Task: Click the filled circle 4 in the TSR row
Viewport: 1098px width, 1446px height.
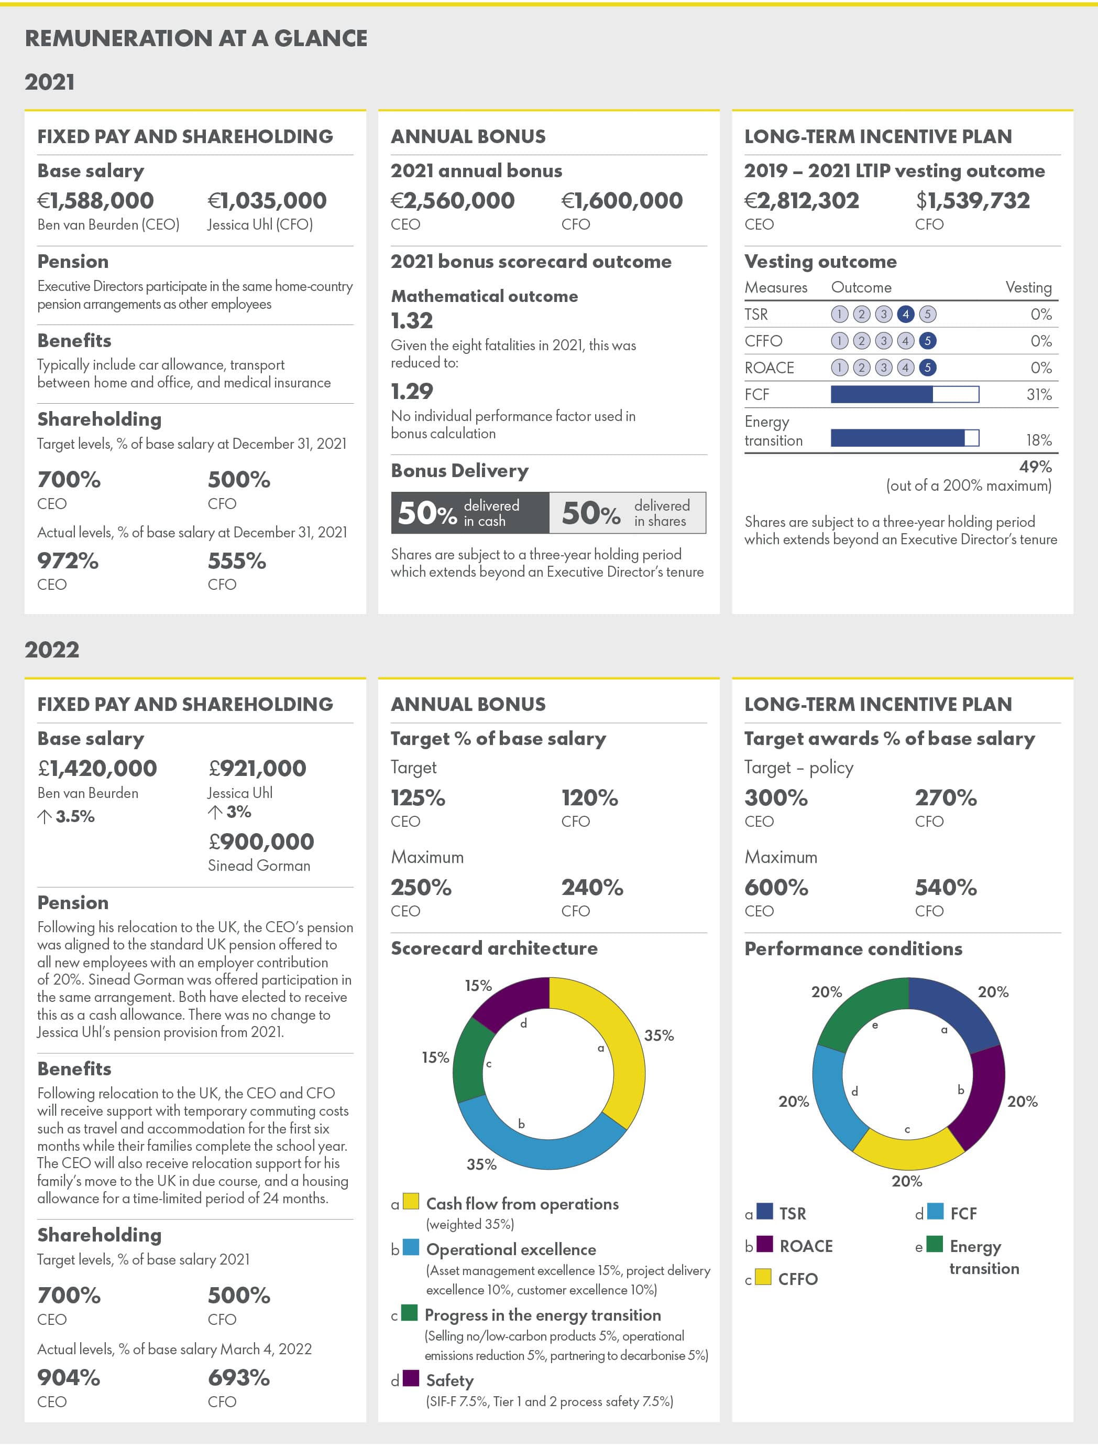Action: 905,315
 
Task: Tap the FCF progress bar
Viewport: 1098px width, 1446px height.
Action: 905,394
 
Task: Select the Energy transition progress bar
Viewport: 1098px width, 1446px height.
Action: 905,438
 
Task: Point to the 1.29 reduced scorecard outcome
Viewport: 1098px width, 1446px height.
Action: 412,392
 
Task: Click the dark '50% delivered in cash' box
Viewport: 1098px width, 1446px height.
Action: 470,513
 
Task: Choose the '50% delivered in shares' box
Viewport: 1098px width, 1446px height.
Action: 628,513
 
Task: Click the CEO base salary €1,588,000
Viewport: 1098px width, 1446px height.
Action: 95,201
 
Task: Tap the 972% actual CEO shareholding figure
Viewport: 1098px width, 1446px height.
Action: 68,561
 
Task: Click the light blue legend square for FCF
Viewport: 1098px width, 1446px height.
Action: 935,1212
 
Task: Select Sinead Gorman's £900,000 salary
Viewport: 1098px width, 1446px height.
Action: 261,841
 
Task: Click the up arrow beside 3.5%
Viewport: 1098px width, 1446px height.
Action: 45,816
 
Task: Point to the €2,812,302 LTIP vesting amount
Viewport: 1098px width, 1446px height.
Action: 801,201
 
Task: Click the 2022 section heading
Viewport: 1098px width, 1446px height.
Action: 52,650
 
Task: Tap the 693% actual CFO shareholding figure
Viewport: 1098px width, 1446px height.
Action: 238,1378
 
